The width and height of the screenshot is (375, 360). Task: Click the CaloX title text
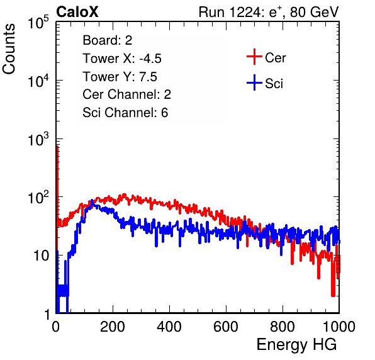77,11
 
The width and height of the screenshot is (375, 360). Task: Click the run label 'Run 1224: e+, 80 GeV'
269,12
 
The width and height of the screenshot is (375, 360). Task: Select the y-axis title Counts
9,49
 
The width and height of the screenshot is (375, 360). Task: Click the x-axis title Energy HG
296,345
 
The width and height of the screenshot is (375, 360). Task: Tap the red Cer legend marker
254,57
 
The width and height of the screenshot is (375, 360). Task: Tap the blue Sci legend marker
254,82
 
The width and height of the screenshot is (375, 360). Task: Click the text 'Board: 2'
108,40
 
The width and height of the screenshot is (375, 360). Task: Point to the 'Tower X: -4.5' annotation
122,59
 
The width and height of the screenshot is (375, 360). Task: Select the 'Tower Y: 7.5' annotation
120,77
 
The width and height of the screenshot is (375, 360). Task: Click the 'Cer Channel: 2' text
126,94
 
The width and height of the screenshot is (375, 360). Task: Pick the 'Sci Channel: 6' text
125,113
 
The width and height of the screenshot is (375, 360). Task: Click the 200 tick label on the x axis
113,327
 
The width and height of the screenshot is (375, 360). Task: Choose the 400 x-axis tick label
169,327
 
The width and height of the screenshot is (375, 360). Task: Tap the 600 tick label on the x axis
226,327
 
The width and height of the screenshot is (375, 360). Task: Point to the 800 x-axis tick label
283,327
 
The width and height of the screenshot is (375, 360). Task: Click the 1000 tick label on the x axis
339,327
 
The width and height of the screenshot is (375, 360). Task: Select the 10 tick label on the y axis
42,256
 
